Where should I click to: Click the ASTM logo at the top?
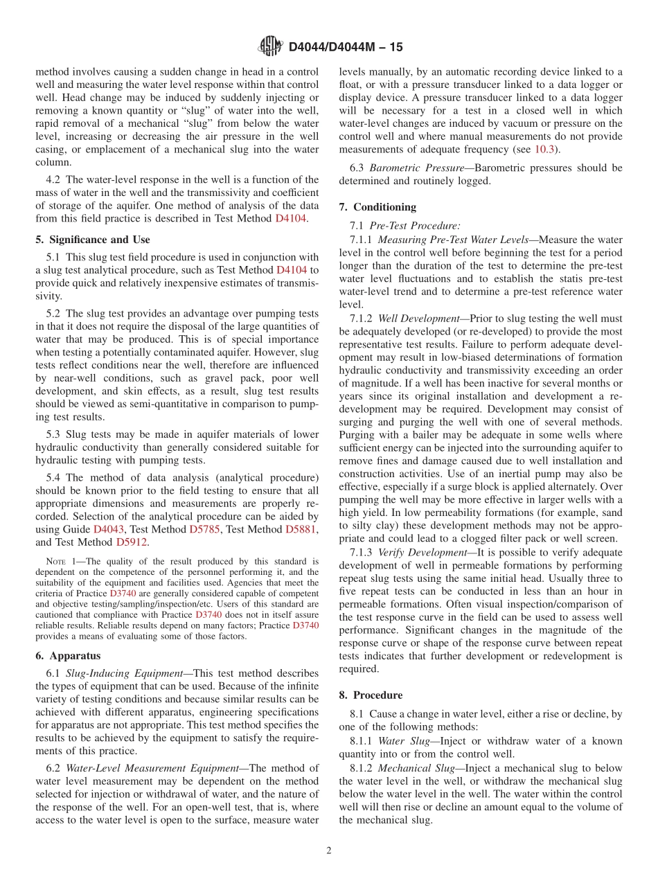click(x=270, y=47)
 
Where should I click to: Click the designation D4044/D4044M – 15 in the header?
click(x=345, y=48)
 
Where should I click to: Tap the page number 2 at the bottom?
click(x=329, y=851)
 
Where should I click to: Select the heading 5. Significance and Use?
click(x=92, y=240)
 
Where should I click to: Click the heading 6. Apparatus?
click(x=68, y=655)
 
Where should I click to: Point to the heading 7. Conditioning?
click(x=377, y=207)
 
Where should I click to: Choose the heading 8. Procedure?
click(x=371, y=695)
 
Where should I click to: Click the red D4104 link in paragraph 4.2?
click(x=290, y=218)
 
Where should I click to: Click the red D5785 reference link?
click(x=204, y=529)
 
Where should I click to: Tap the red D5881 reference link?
click(x=301, y=529)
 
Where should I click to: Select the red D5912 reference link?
click(x=132, y=542)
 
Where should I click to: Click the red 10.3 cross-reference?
click(x=544, y=149)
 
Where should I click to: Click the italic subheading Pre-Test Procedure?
click(x=414, y=226)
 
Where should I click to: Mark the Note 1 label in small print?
click(x=60, y=561)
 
